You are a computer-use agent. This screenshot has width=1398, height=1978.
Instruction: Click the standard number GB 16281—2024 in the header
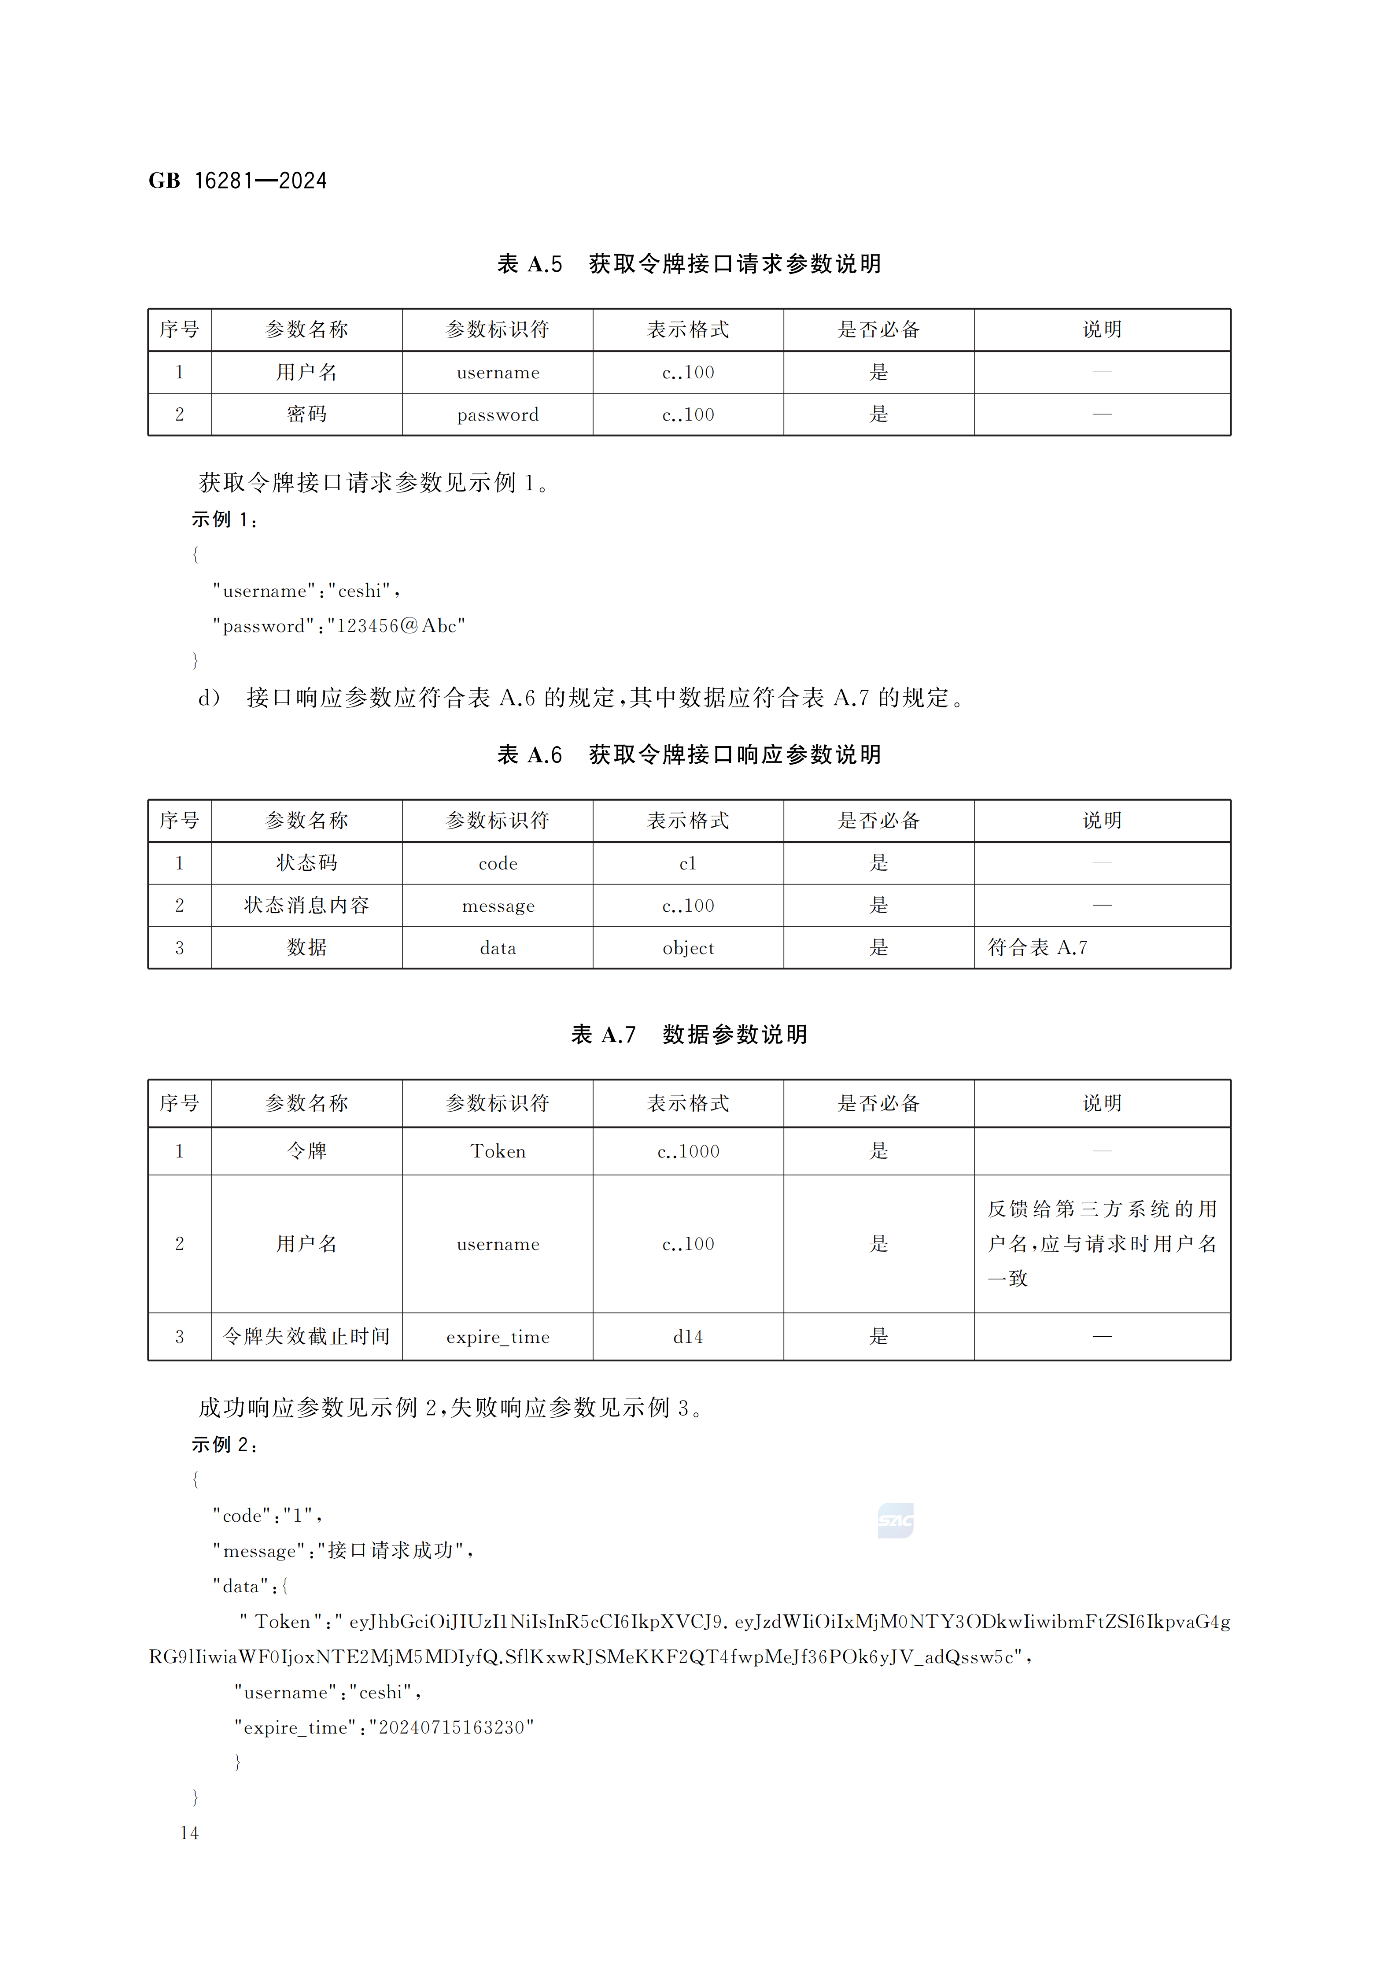(x=238, y=181)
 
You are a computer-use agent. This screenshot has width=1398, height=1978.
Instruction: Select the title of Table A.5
(x=689, y=264)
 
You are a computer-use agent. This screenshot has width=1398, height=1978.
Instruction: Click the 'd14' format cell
(x=687, y=1337)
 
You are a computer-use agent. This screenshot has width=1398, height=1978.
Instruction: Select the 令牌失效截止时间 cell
(x=306, y=1337)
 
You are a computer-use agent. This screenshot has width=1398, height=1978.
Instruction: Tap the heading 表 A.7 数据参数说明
(x=689, y=1035)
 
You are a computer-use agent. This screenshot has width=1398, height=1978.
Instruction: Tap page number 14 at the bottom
(x=189, y=1833)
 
